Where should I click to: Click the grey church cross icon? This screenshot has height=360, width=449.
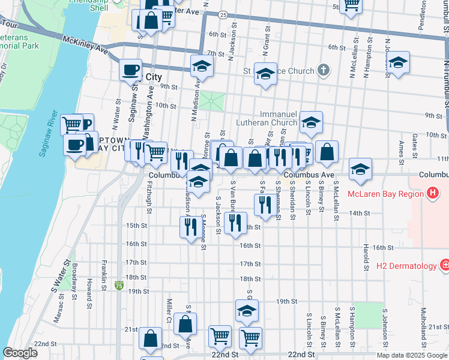click(x=323, y=70)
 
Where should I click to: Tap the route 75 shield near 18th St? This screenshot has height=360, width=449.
click(x=119, y=278)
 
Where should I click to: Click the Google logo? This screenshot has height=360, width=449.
click(x=20, y=353)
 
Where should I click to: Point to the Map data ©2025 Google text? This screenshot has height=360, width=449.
click(x=411, y=355)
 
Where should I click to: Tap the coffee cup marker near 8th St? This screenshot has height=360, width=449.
click(x=130, y=70)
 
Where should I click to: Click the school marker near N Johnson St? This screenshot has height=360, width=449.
click(x=397, y=63)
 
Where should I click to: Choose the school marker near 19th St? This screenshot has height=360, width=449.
click(x=246, y=311)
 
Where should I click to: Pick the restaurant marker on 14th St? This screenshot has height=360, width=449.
click(x=264, y=205)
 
